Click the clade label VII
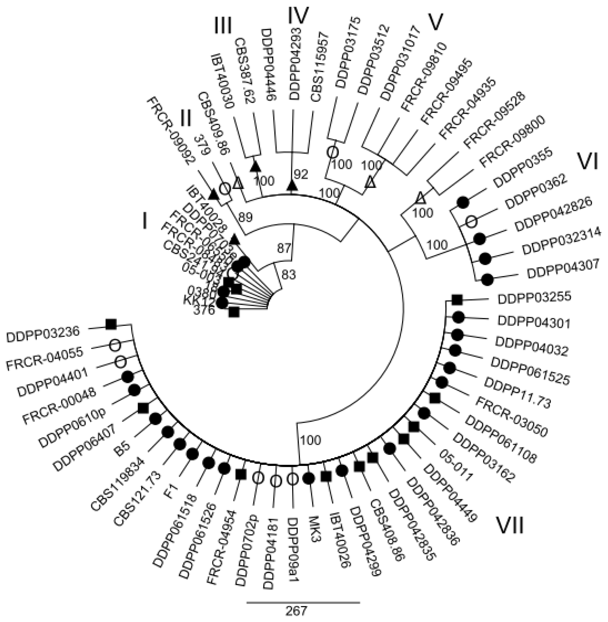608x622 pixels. pos(510,525)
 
